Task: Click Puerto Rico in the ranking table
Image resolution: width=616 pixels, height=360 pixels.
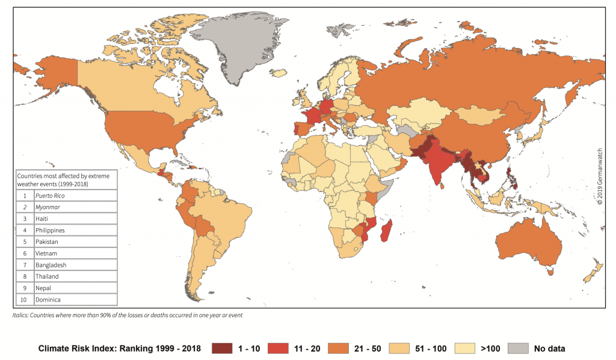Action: [50, 196]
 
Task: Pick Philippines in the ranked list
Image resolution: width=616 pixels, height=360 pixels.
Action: [50, 230]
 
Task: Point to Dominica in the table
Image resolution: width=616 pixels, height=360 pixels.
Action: [48, 299]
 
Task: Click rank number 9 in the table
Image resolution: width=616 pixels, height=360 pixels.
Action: [25, 288]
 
